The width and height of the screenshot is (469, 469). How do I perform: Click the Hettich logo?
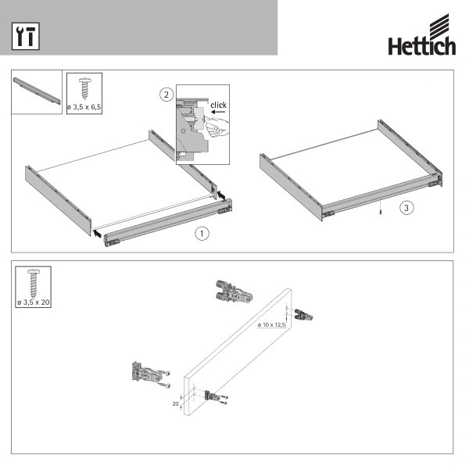click(x=422, y=34)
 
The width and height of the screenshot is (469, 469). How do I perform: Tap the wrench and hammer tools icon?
click(x=26, y=36)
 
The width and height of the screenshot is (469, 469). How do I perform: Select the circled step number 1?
click(x=202, y=233)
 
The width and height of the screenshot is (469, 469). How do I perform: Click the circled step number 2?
click(x=166, y=95)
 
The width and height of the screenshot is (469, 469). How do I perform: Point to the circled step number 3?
click(x=406, y=208)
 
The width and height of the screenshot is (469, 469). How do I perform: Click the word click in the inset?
click(x=218, y=105)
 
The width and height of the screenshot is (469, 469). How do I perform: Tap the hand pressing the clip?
click(x=217, y=127)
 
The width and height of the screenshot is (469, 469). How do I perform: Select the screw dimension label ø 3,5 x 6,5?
click(x=84, y=107)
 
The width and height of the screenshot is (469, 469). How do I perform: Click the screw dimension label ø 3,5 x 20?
click(x=33, y=303)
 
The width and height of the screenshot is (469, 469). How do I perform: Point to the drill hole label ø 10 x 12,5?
click(x=271, y=324)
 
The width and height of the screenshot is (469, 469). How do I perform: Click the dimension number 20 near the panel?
click(x=175, y=403)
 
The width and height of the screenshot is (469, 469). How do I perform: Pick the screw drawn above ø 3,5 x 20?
click(x=34, y=284)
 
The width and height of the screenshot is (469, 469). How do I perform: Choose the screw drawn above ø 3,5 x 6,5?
click(x=85, y=88)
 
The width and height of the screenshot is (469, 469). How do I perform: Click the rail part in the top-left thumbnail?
click(x=37, y=91)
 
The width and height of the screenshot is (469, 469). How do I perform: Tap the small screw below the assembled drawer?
click(x=381, y=212)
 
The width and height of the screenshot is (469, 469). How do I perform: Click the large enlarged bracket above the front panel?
click(x=234, y=292)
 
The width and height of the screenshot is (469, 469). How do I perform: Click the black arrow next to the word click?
click(x=218, y=112)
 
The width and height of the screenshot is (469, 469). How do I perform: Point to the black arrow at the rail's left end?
click(x=97, y=233)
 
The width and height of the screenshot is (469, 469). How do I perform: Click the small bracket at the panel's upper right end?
click(x=303, y=315)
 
